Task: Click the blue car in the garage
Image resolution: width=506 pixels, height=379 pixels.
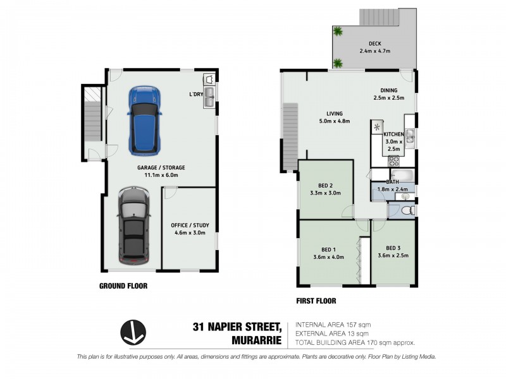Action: click(144, 120)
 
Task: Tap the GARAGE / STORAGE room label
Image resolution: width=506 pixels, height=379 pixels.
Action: click(161, 168)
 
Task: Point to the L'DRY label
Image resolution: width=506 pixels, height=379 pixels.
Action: click(195, 94)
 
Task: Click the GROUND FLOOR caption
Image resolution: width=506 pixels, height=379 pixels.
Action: click(123, 286)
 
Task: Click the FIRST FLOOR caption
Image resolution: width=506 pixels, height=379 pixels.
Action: click(316, 301)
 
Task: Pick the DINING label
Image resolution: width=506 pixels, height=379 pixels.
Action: click(388, 90)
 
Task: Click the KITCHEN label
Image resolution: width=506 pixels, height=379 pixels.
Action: click(393, 135)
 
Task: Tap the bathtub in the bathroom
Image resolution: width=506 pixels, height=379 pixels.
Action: click(392, 174)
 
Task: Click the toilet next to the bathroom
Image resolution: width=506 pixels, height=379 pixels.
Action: click(407, 210)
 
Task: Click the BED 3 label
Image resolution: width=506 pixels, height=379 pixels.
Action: click(393, 248)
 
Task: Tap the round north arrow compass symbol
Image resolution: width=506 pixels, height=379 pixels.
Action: click(133, 332)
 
